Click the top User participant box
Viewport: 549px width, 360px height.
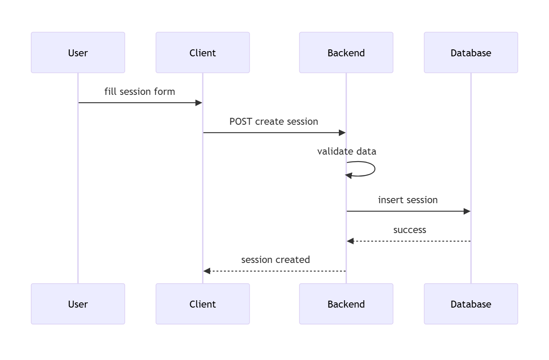(78, 52)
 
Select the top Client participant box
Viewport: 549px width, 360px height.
(202, 52)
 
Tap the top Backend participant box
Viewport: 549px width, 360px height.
(346, 52)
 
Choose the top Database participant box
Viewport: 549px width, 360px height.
(471, 52)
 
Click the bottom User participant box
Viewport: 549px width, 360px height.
(78, 304)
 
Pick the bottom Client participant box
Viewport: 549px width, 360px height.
(202, 304)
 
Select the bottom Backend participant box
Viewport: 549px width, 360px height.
(346, 304)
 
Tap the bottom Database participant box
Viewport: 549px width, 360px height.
(471, 304)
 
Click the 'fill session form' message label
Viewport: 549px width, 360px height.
(140, 92)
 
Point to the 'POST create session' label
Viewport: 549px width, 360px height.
(273, 122)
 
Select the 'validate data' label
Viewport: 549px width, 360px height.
(347, 152)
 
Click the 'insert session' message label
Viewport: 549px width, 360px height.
(408, 200)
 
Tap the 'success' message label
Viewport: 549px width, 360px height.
(409, 230)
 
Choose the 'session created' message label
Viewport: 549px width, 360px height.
(276, 260)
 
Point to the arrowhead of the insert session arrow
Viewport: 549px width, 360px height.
(467, 211)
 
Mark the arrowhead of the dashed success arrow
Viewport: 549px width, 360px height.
(350, 241)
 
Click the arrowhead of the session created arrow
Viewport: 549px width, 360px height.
(207, 271)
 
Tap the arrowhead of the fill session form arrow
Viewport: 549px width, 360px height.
(199, 103)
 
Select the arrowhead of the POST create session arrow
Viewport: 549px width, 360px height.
(342, 133)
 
